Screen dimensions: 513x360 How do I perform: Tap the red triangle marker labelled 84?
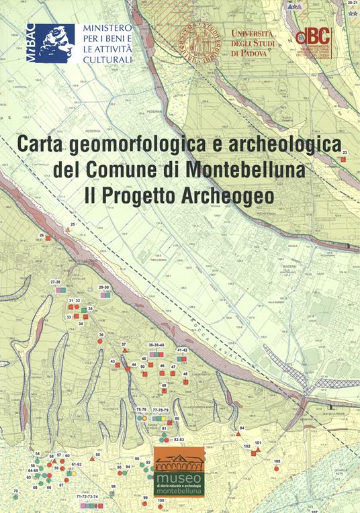point(239,434)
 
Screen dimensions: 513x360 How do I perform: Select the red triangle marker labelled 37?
point(124,350)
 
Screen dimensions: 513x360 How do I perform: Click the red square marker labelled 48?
point(185,381)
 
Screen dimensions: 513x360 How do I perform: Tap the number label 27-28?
point(56,283)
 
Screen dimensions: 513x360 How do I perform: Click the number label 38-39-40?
point(156,344)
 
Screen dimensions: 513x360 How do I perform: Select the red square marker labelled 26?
point(48,236)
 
